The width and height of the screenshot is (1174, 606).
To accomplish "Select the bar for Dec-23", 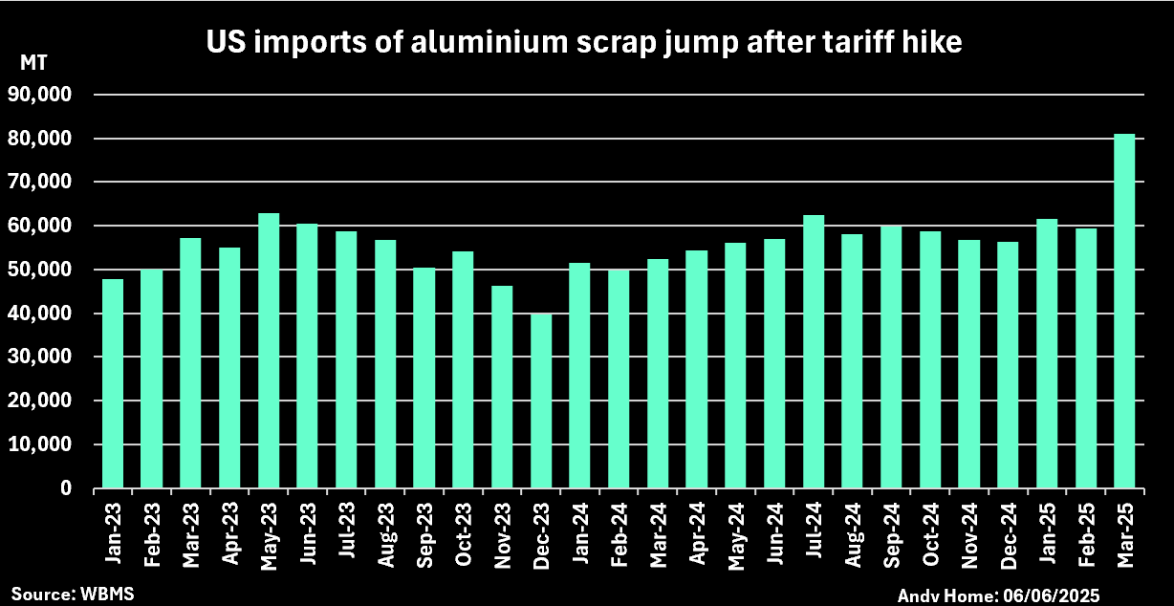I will [541, 401].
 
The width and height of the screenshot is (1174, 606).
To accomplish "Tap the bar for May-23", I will [269, 351].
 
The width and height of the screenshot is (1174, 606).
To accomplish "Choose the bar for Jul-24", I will [814, 352].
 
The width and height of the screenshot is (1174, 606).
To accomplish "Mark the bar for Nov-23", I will [502, 387].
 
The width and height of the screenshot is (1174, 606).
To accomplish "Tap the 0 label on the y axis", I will [65, 488].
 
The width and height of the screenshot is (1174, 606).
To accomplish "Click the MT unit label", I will [33, 63].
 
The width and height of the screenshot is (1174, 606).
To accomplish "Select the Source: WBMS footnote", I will [73, 594].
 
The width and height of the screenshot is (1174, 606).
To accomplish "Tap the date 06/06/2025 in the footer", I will [1053, 595].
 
